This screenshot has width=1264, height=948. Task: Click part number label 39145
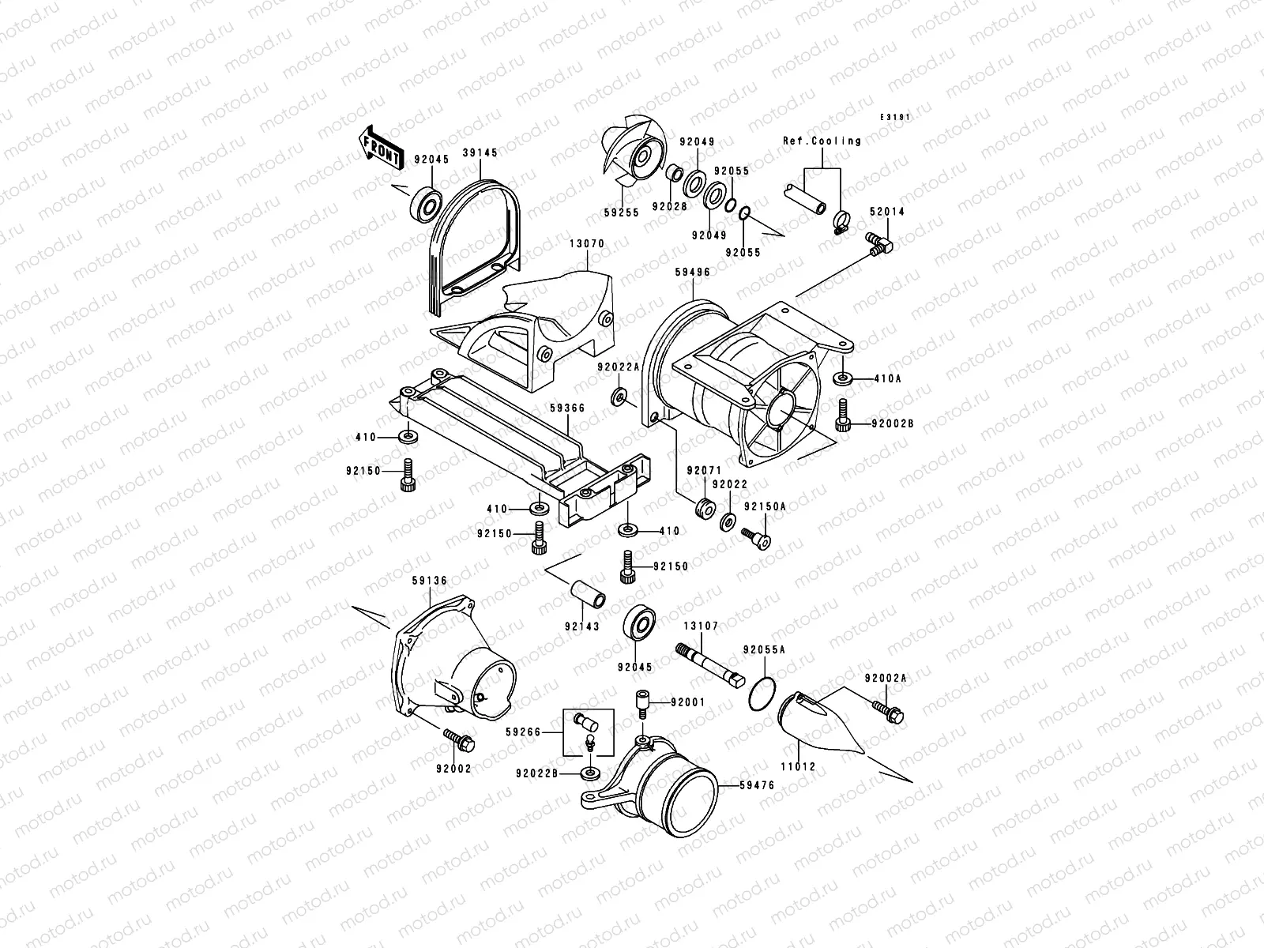[x=480, y=153]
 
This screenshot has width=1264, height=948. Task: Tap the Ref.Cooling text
[x=822, y=141]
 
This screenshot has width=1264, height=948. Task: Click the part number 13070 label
[x=585, y=244]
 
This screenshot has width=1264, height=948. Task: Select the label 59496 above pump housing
[x=692, y=272]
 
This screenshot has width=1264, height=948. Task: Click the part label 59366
[x=567, y=408]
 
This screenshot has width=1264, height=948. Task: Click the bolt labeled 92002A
[x=888, y=709]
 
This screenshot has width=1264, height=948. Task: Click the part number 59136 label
[x=430, y=581]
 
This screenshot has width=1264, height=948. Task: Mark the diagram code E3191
[x=897, y=117]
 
